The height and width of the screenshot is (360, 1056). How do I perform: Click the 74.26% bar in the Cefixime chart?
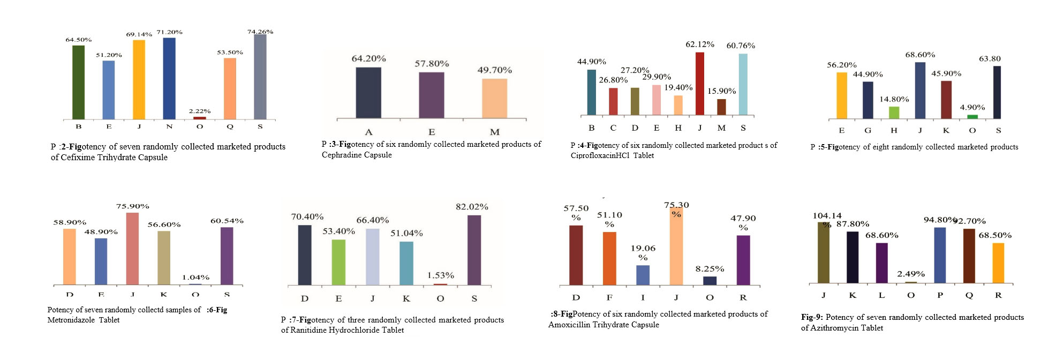pos(260,77)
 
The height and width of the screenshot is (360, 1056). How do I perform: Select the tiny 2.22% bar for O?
pos(200,117)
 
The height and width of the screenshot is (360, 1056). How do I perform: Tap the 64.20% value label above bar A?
pos(368,58)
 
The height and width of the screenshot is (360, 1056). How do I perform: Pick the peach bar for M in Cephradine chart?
pos(494,99)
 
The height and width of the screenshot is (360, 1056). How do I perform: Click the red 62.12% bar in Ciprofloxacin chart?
pos(699,84)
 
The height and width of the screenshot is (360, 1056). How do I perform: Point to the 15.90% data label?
pos(721,91)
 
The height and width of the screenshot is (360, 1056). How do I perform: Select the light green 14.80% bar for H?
pos(894,112)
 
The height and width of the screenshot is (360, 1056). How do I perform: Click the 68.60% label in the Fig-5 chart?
pos(920,55)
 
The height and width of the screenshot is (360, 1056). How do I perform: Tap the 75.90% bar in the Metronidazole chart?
pos(132,249)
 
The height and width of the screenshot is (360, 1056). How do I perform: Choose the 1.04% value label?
pos(195,277)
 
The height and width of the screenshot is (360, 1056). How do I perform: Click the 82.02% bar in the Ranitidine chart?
pos(474,250)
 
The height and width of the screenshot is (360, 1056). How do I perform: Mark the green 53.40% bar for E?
pos(338,262)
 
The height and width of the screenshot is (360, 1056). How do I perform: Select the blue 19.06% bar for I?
pos(643,275)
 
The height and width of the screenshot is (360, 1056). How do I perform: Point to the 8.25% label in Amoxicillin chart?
pos(710,269)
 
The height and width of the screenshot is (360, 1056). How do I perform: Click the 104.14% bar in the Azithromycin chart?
pos(823,252)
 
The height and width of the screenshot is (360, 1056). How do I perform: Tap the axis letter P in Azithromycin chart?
pos(940,295)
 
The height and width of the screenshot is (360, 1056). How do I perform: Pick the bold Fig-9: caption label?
pos(812,317)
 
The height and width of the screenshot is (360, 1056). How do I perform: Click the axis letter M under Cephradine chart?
pos(494,132)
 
